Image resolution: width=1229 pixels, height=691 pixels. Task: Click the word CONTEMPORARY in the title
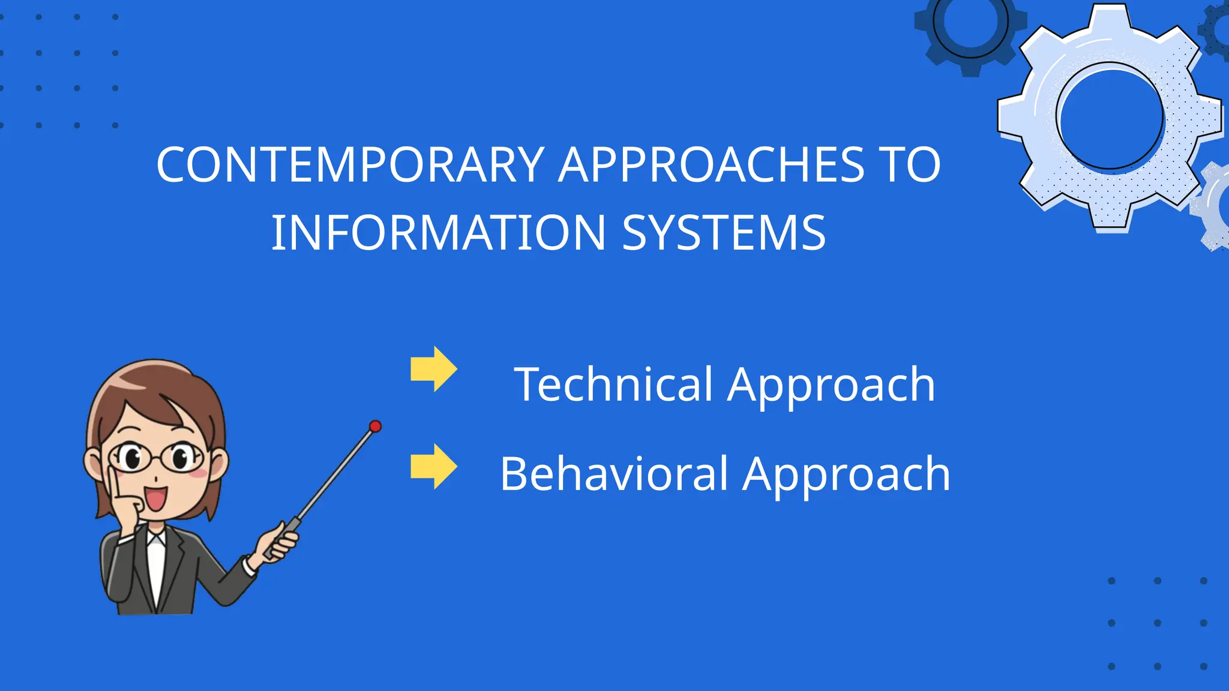(350, 165)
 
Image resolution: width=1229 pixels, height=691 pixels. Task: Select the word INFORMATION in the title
(439, 233)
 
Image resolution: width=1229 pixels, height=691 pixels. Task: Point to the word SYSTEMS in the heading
(724, 233)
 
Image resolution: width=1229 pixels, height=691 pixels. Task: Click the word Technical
(613, 384)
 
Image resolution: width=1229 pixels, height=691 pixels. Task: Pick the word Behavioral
(614, 474)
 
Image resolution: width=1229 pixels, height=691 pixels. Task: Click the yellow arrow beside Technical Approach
(434, 369)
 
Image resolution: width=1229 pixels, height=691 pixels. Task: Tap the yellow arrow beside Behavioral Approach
(434, 467)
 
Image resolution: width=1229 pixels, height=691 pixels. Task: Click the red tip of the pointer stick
(375, 426)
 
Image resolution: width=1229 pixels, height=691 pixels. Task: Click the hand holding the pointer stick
(279, 543)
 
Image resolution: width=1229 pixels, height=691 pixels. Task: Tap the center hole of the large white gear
(1110, 117)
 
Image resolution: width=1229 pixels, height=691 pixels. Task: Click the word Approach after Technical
(831, 384)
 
